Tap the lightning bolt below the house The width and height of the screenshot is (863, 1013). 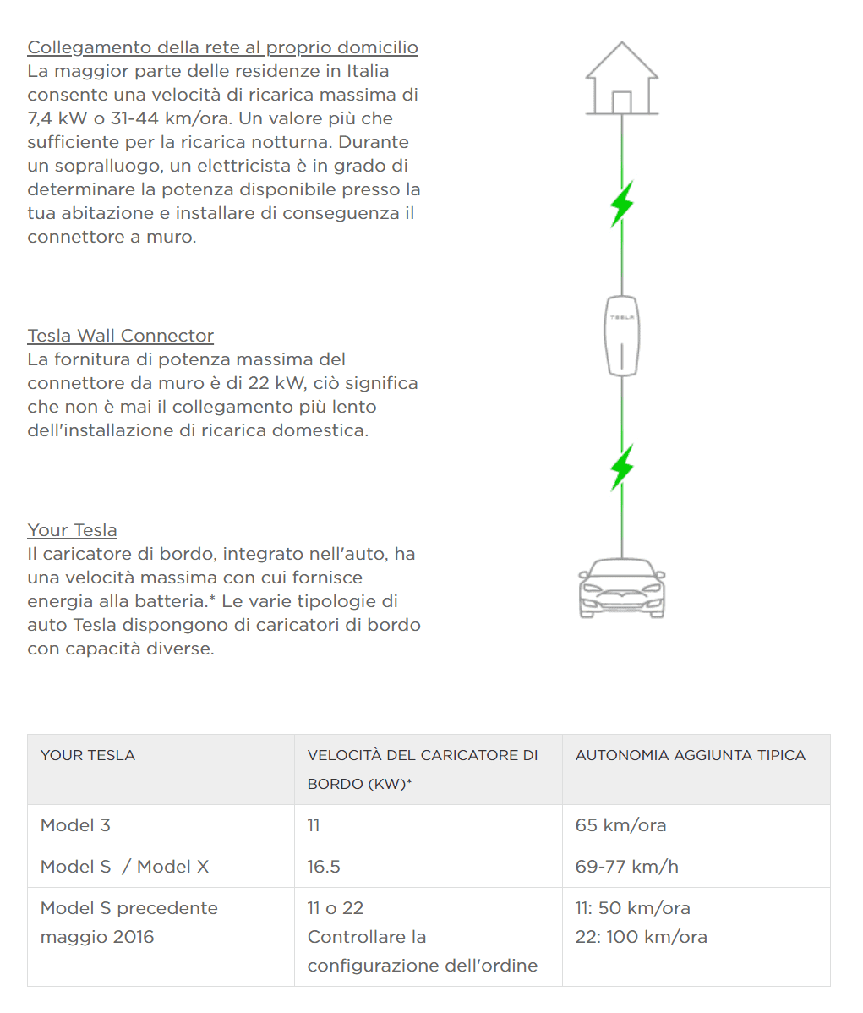(x=622, y=203)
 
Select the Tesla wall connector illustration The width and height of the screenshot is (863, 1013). (x=622, y=335)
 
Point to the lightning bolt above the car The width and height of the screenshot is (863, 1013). (x=622, y=467)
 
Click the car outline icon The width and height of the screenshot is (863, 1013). (x=622, y=588)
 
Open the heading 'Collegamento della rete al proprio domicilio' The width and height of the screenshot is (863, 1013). (x=222, y=47)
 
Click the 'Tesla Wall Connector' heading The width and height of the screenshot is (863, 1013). (x=120, y=336)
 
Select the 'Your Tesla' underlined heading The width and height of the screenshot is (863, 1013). (x=72, y=530)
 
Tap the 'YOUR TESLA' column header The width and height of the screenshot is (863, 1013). (x=88, y=755)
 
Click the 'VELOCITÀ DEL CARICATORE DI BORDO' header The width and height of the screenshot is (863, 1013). (x=422, y=769)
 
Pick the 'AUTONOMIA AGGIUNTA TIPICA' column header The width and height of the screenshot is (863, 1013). (x=691, y=755)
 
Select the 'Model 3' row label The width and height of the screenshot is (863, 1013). (x=75, y=825)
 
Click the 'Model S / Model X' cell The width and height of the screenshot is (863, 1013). (x=124, y=867)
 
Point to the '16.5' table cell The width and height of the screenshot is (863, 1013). (x=324, y=867)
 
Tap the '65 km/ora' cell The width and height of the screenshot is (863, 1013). (x=620, y=825)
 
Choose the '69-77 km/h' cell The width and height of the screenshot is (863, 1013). (x=626, y=867)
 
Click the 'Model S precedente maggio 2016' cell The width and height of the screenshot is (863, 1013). (x=128, y=923)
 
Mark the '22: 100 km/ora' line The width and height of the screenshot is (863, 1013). (x=641, y=937)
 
